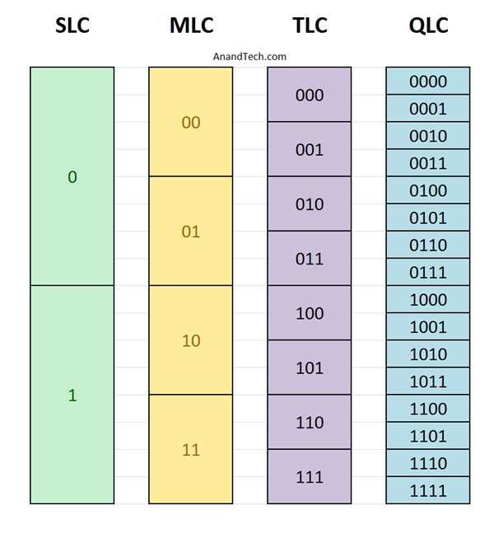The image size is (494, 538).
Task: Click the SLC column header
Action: click(72, 25)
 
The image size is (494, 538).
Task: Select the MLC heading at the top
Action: click(191, 25)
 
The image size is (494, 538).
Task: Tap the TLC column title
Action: click(310, 25)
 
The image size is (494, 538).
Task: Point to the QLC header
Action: click(428, 25)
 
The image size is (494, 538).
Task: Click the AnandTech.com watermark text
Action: click(249, 56)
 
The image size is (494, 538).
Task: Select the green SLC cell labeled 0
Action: click(72, 176)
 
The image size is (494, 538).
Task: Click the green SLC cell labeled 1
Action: click(72, 395)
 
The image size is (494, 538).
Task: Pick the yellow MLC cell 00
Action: click(191, 121)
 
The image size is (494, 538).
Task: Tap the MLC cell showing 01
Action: click(191, 231)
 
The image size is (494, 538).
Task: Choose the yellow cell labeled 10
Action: click(191, 340)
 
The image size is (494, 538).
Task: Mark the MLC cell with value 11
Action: click(191, 449)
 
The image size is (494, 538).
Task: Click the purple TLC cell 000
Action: click(310, 95)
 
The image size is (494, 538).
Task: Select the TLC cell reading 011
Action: click(310, 258)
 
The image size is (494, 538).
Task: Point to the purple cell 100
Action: click(310, 312)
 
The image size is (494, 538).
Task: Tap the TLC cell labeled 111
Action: click(310, 476)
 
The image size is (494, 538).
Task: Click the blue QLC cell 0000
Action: click(428, 81)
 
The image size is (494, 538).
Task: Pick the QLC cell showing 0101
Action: click(428, 218)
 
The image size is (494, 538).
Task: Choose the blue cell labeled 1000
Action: click(428, 299)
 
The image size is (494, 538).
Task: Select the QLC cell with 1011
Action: click(428, 381)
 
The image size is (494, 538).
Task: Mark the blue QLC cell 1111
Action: click(428, 490)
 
